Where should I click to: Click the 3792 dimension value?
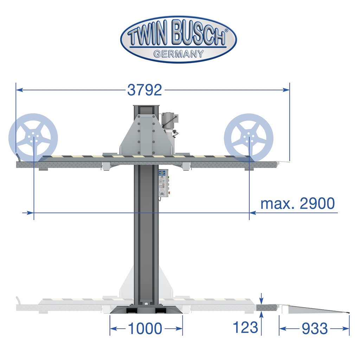tap(144, 90)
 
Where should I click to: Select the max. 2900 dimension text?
tap(298, 204)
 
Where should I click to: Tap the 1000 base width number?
tap(145, 329)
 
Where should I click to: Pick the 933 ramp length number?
tap(315, 329)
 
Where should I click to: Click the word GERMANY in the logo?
tap(178, 54)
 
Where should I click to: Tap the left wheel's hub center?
tap(33, 138)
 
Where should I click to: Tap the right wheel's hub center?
tap(249, 138)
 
